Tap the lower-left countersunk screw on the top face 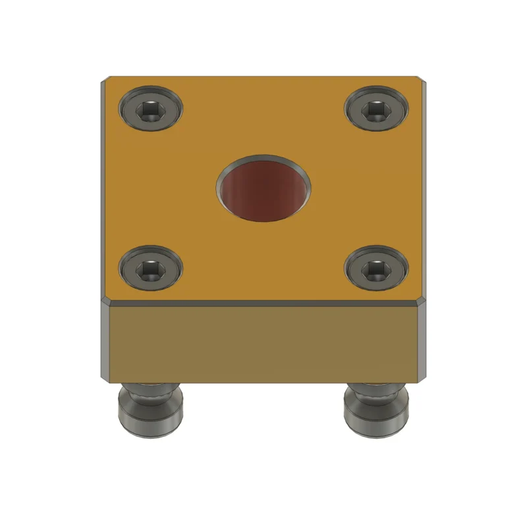point(150,269)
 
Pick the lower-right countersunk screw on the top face point(377,269)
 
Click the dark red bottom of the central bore point(261,192)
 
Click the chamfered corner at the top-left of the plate point(105,81)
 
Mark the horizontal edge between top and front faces point(263,304)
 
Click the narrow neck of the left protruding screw point(150,393)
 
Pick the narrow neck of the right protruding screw point(376,393)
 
